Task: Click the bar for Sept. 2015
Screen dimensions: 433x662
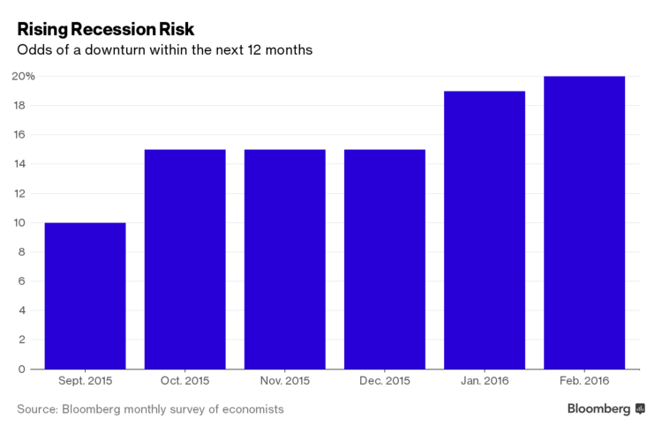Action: pyautogui.click(x=85, y=295)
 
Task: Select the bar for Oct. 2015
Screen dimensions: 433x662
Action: pyautogui.click(x=184, y=259)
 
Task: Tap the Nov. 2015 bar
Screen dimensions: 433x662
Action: pyautogui.click(x=284, y=259)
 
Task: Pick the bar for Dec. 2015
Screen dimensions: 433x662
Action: pyautogui.click(x=384, y=259)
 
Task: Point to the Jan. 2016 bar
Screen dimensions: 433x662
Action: pyautogui.click(x=485, y=230)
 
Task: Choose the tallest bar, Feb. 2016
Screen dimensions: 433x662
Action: pyautogui.click(x=584, y=222)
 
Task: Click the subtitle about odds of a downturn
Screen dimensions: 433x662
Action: pyautogui.click(x=165, y=50)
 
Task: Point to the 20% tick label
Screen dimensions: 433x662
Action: pyautogui.click(x=24, y=77)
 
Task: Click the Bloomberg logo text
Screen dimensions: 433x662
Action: pyautogui.click(x=599, y=409)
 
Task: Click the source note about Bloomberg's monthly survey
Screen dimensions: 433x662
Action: pyautogui.click(x=150, y=410)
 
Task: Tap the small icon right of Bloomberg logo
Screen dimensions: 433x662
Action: pyautogui.click(x=640, y=409)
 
